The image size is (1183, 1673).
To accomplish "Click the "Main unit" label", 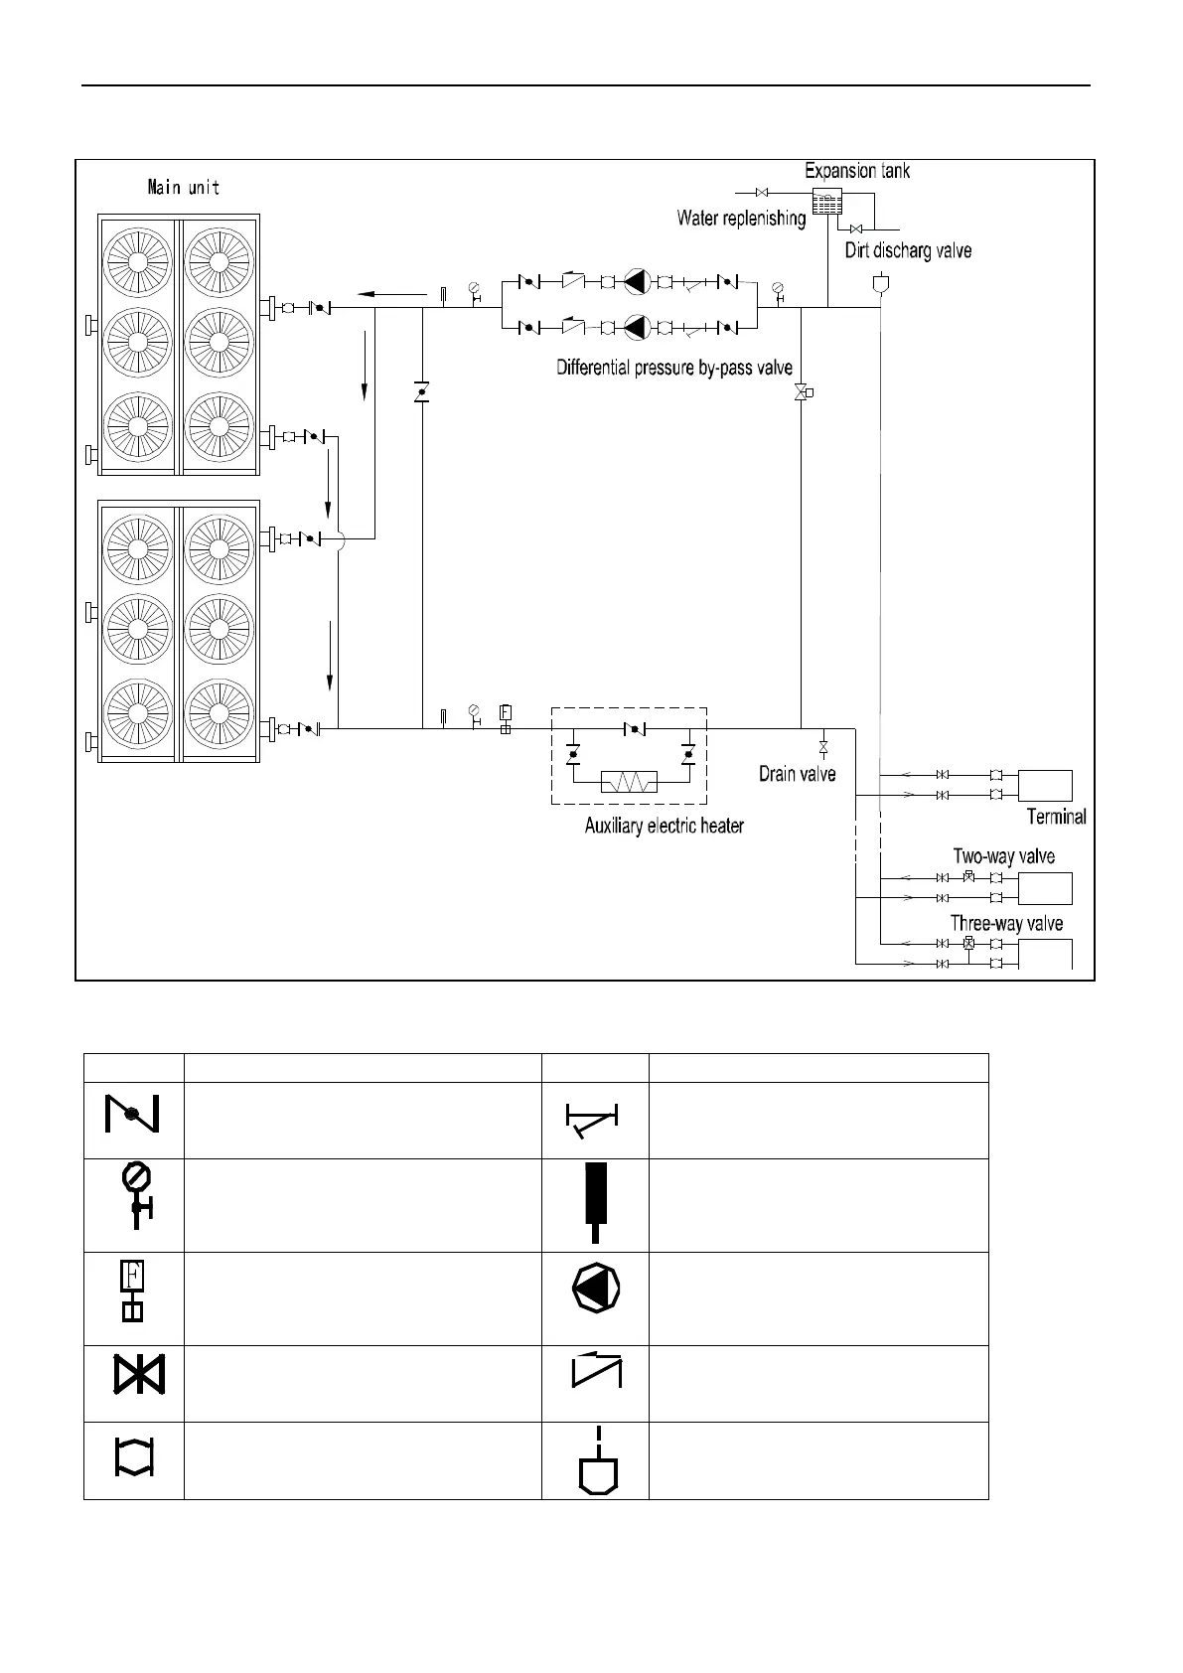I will [x=183, y=187].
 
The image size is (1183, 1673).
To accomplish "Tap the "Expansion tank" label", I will [x=857, y=171].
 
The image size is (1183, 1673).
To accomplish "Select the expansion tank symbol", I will [x=826, y=202].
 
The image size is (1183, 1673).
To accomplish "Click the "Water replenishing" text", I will [x=741, y=219].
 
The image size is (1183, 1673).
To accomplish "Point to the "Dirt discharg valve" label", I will [x=908, y=250].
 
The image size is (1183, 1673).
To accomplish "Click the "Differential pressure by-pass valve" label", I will [x=674, y=369].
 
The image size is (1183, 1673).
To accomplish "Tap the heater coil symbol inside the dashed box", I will [x=629, y=781].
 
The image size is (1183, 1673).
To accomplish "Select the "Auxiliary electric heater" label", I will [x=664, y=826].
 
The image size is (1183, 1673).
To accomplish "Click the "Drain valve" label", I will [x=797, y=774].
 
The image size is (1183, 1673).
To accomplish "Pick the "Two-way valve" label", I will [x=1003, y=856].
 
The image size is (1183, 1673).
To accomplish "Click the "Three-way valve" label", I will [x=1006, y=924].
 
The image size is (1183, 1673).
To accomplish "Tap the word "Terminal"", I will [x=1056, y=817].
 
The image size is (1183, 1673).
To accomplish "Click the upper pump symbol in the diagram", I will [x=636, y=282].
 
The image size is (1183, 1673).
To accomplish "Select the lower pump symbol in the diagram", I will [x=636, y=326].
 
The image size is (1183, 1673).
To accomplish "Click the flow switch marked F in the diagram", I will [x=505, y=715].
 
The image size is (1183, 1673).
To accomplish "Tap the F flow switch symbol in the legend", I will [x=132, y=1291].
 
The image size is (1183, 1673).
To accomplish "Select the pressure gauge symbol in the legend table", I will [x=134, y=1192].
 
